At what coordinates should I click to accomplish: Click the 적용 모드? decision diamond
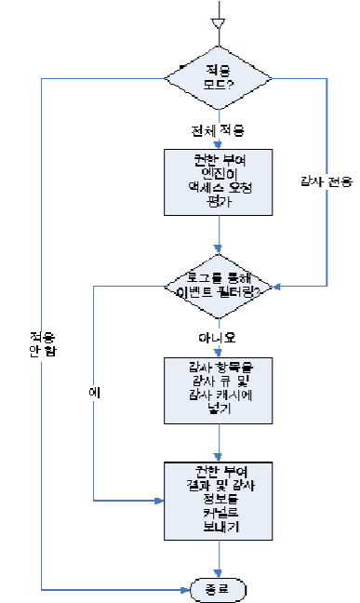[x=219, y=76]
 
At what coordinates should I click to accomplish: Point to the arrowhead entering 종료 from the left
[x=182, y=588]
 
